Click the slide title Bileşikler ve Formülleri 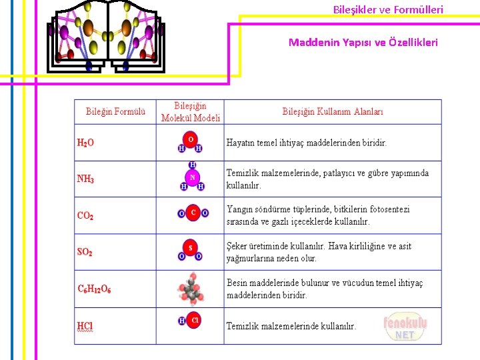[388, 10]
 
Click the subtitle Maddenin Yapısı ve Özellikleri [363, 43]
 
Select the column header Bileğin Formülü [115, 112]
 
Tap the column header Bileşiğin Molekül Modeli [191, 112]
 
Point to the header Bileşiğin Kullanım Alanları [333, 112]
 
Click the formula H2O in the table [85, 143]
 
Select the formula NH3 [85, 179]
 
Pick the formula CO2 [85, 216]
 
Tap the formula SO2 [85, 253]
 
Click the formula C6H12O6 [94, 289]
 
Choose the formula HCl [85, 327]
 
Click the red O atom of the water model [191, 139]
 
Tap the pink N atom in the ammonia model [192, 178]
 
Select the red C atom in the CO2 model [193, 213]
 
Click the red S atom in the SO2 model [191, 248]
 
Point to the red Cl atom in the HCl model [195, 321]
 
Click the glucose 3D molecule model [190, 289]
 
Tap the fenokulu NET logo [405, 327]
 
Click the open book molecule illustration [105, 37]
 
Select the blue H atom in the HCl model [181, 321]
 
